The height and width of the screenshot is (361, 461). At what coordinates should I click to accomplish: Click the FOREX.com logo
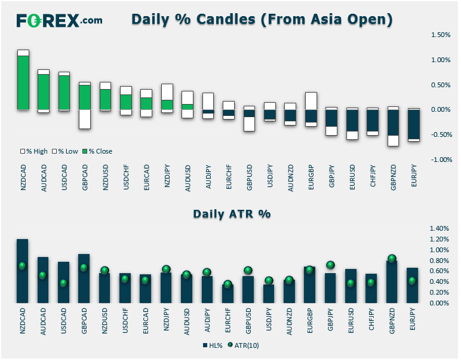pyautogui.click(x=59, y=20)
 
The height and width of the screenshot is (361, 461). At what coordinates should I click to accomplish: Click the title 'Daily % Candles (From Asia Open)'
pyautogui.click(x=262, y=19)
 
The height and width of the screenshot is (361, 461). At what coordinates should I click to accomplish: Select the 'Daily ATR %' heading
pyautogui.click(x=232, y=214)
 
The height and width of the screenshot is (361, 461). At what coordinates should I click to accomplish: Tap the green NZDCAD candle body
pyautogui.click(x=23, y=82)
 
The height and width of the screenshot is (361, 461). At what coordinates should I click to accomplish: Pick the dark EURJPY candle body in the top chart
pyautogui.click(x=414, y=124)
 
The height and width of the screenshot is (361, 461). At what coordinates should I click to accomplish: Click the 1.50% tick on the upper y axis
pyautogui.click(x=441, y=35)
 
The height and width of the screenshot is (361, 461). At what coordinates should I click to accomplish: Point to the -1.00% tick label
pyautogui.click(x=441, y=160)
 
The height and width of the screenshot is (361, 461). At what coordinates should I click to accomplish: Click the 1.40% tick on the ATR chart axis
pyautogui.click(x=440, y=228)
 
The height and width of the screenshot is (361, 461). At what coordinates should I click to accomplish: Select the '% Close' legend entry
pyautogui.click(x=97, y=151)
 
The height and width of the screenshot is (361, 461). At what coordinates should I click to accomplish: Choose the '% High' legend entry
pyautogui.click(x=34, y=151)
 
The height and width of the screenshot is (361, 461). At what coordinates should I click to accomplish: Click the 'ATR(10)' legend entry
pyautogui.click(x=244, y=345)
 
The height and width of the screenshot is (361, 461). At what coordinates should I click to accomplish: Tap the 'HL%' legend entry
pyautogui.click(x=213, y=345)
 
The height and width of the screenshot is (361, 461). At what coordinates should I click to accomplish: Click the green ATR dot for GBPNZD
pyautogui.click(x=392, y=258)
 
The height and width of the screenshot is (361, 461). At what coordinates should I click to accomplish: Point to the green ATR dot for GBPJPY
pyautogui.click(x=330, y=265)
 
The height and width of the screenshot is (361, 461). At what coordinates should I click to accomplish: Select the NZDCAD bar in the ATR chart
pyautogui.click(x=22, y=271)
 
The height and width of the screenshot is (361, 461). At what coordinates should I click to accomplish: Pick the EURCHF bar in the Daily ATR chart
pyautogui.click(x=228, y=293)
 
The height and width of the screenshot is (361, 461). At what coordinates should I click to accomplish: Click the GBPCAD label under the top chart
pyautogui.click(x=85, y=178)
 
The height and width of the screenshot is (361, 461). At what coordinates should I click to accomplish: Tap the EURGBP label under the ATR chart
pyautogui.click(x=309, y=320)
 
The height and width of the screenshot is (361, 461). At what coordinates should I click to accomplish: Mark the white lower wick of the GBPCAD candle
pyautogui.click(x=85, y=119)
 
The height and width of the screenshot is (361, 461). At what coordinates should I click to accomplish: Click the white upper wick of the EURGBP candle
pyautogui.click(x=311, y=101)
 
